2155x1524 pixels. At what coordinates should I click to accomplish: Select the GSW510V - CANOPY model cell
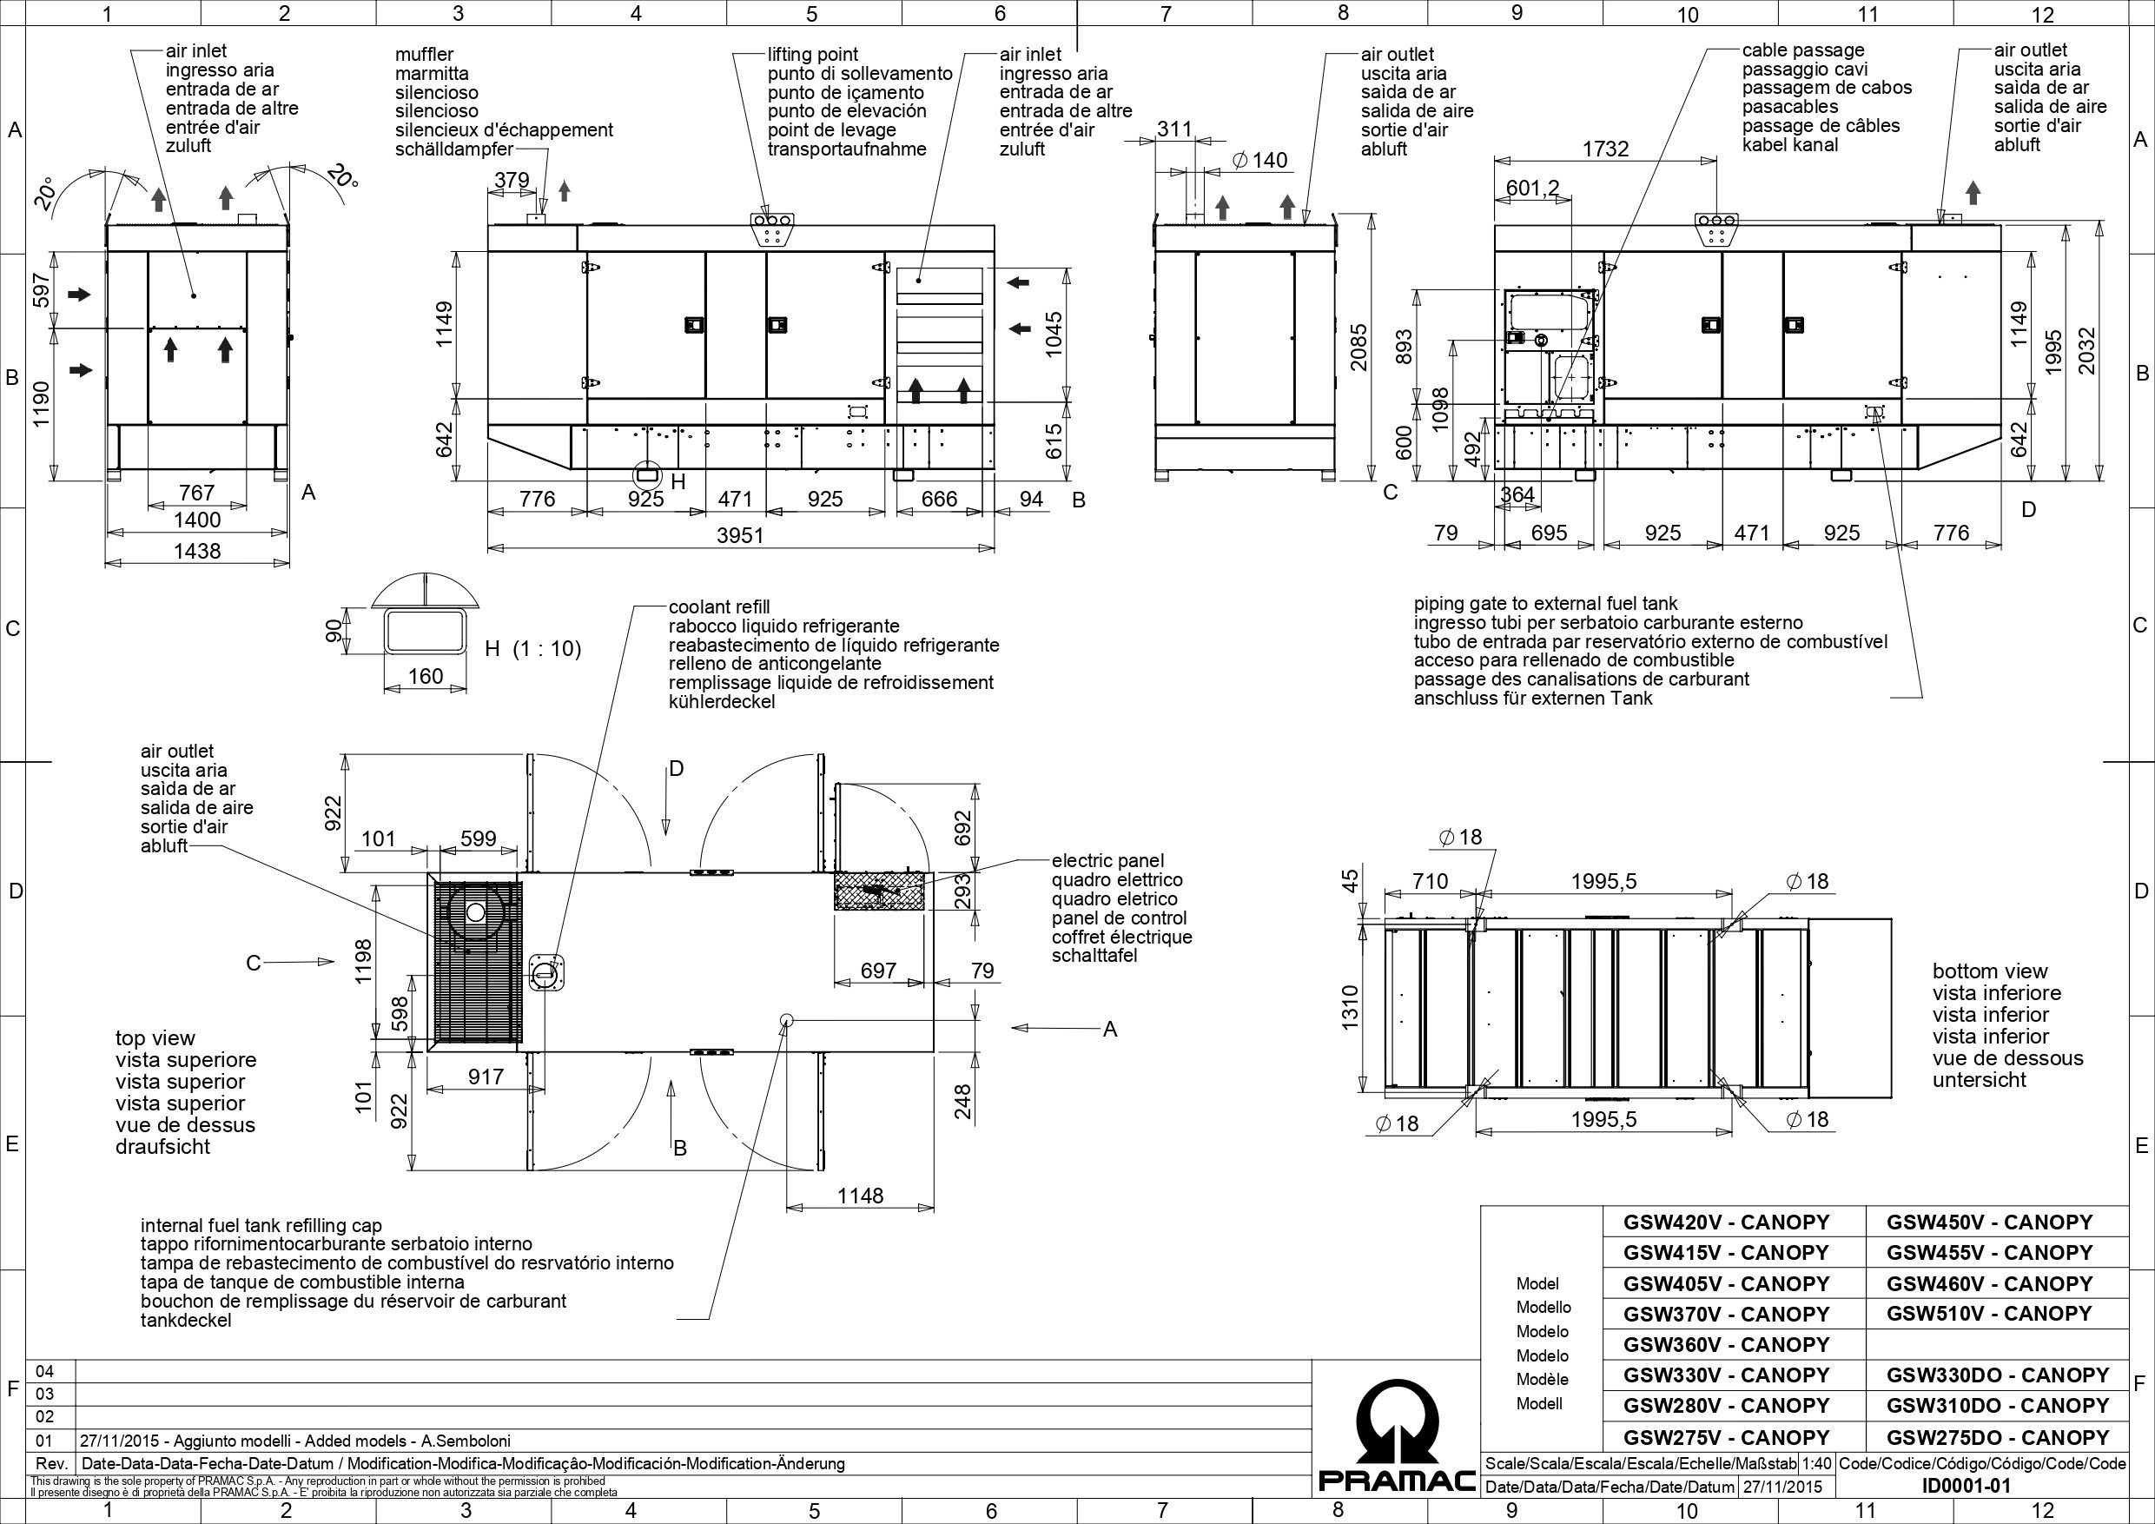[x=1989, y=1313]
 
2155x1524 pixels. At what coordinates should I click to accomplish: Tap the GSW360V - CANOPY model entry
[x=1726, y=1344]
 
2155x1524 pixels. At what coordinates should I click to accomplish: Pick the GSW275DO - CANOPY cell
[x=1997, y=1436]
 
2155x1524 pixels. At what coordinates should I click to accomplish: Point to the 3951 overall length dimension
[x=739, y=535]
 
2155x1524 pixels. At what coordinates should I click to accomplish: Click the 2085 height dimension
[x=1359, y=348]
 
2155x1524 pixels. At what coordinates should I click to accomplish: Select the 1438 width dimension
[x=197, y=551]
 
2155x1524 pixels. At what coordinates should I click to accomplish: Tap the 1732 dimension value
[x=1605, y=149]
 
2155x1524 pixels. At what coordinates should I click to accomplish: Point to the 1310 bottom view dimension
[x=1351, y=1008]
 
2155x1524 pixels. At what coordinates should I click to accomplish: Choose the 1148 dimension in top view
[x=860, y=1196]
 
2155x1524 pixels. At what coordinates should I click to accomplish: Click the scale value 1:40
[x=1817, y=1464]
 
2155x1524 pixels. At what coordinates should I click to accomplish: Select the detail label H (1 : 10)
[x=532, y=648]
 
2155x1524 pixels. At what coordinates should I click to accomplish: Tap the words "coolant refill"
[x=719, y=607]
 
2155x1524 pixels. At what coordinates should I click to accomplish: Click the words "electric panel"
[x=1107, y=861]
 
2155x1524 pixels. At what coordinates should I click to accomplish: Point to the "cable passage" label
[x=1803, y=50]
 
